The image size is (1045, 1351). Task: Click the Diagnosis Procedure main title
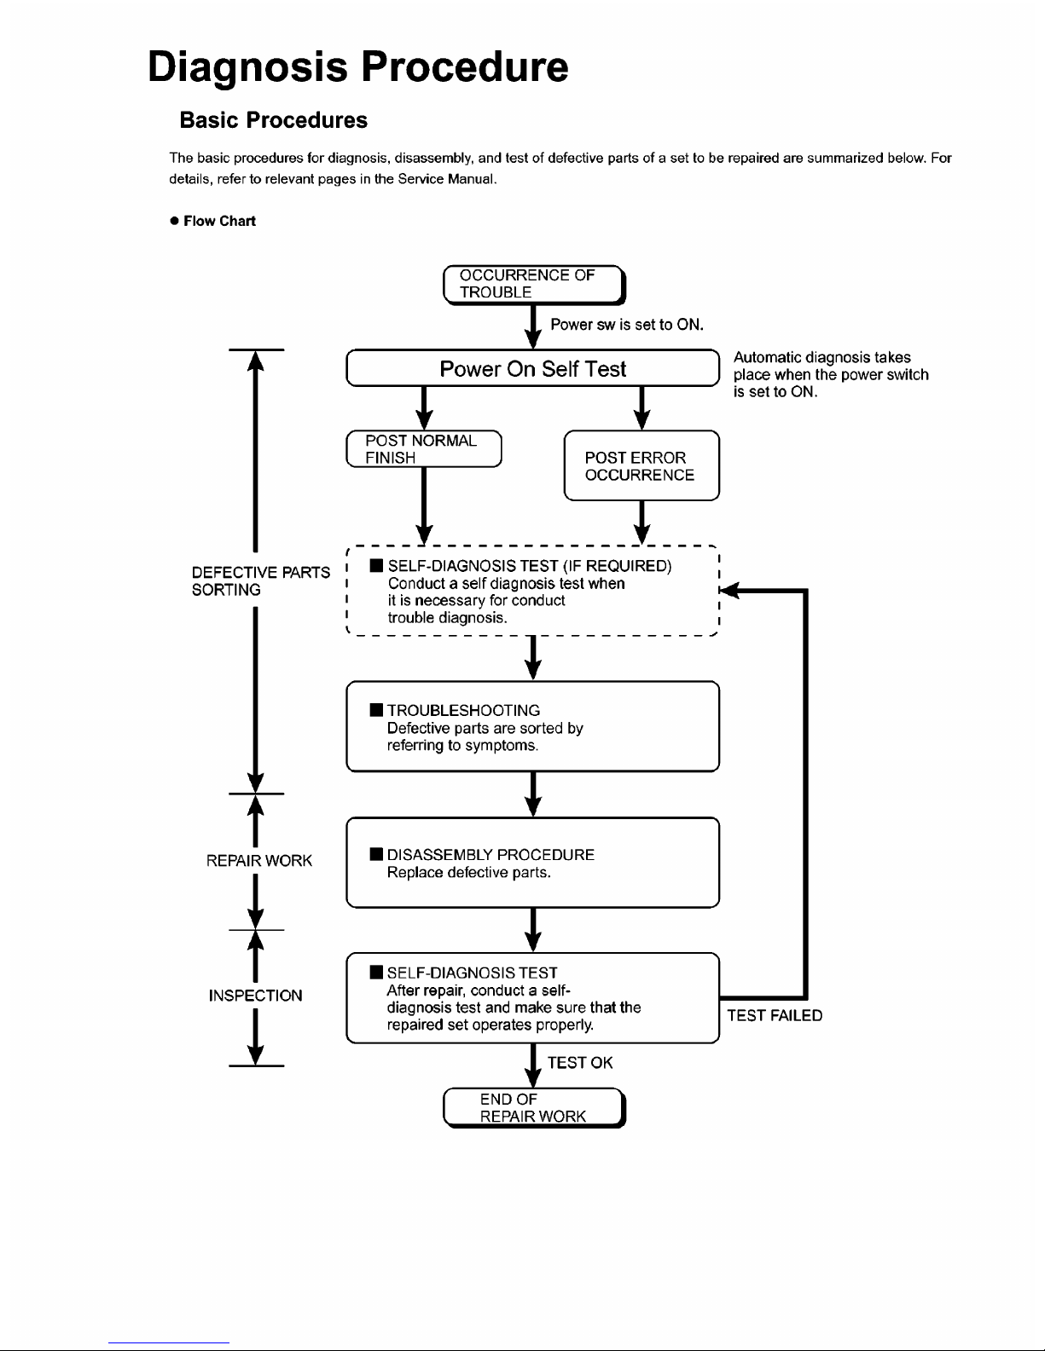coord(357,67)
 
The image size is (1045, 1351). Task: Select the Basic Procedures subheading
coord(273,120)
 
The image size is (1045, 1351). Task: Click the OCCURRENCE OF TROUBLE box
coord(534,285)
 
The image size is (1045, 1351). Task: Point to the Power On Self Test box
coord(532,368)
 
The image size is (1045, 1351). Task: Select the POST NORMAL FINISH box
coord(424,449)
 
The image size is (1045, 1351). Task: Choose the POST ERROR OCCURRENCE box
coord(642,465)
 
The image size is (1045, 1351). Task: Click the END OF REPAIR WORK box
coord(534,1107)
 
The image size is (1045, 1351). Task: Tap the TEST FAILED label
coord(775,1015)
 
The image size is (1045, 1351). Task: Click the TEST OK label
coord(580,1063)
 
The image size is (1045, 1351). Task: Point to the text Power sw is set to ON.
coord(627,325)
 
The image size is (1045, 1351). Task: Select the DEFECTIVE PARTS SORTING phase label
coord(261,580)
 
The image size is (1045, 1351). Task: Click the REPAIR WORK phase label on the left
coord(258,860)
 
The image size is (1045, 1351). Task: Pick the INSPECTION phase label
coord(256,996)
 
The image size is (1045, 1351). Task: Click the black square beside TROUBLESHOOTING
coord(376,710)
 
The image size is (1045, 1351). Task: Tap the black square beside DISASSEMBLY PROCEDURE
coord(376,853)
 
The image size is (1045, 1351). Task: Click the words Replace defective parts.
coord(468,872)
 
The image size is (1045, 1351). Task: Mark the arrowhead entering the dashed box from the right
coord(729,590)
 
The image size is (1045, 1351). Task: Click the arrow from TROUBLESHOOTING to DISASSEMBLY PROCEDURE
coord(533,794)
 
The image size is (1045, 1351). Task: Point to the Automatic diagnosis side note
coord(830,374)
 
